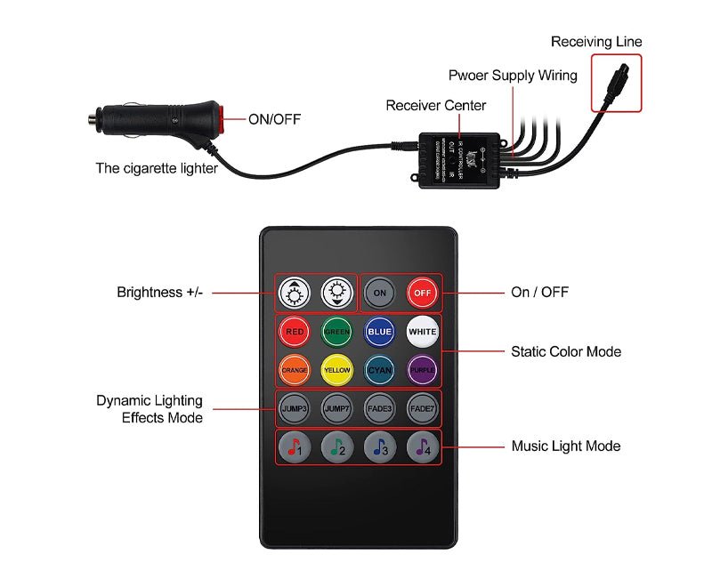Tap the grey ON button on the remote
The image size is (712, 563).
(380, 293)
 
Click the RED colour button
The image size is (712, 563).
(295, 332)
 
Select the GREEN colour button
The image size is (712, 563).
(337, 332)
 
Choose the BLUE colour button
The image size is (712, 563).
(379, 332)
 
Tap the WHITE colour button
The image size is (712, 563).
(422, 332)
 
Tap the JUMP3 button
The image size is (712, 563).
(295, 408)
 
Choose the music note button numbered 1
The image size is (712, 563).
(295, 446)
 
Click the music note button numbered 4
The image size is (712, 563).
(422, 446)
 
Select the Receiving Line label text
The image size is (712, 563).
(595, 42)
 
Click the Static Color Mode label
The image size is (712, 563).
(566, 351)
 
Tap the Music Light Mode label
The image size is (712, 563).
(565, 446)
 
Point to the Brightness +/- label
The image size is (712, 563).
(160, 292)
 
